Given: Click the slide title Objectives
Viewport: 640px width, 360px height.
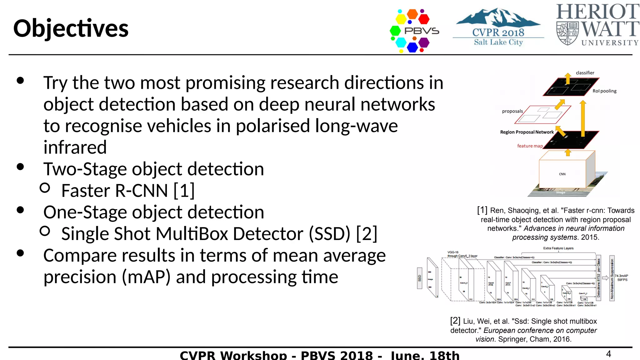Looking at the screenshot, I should pos(71,28).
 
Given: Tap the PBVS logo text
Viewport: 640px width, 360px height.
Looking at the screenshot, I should pos(422,31).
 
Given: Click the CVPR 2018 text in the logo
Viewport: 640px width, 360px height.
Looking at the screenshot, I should pos(498,32).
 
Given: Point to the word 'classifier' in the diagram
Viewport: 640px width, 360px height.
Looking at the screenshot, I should pos(585,73).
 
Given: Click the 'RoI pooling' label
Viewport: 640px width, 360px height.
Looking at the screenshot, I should pos(604,91).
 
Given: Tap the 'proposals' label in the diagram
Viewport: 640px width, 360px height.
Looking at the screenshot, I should pos(512,111).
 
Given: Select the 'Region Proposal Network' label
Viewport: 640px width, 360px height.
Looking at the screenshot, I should pos(527,132).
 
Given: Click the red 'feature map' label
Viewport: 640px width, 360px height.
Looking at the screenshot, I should pos(530,146).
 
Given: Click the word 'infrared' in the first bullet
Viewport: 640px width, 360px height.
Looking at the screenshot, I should pos(75,147).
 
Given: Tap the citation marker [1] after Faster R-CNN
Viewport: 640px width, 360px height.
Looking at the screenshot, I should pos(184,190).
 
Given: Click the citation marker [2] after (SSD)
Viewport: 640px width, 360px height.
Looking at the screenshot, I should pos(367,233).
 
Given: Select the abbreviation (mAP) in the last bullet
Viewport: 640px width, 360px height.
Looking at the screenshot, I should pos(146,277).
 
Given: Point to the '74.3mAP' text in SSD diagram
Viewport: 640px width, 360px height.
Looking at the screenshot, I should pos(621,276).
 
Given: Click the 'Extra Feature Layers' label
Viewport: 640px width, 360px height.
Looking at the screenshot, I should pos(558,248).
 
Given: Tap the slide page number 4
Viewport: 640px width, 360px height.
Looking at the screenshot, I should pos(608,354).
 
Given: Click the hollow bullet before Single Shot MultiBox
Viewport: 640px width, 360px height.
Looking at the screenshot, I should pos(45,231).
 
